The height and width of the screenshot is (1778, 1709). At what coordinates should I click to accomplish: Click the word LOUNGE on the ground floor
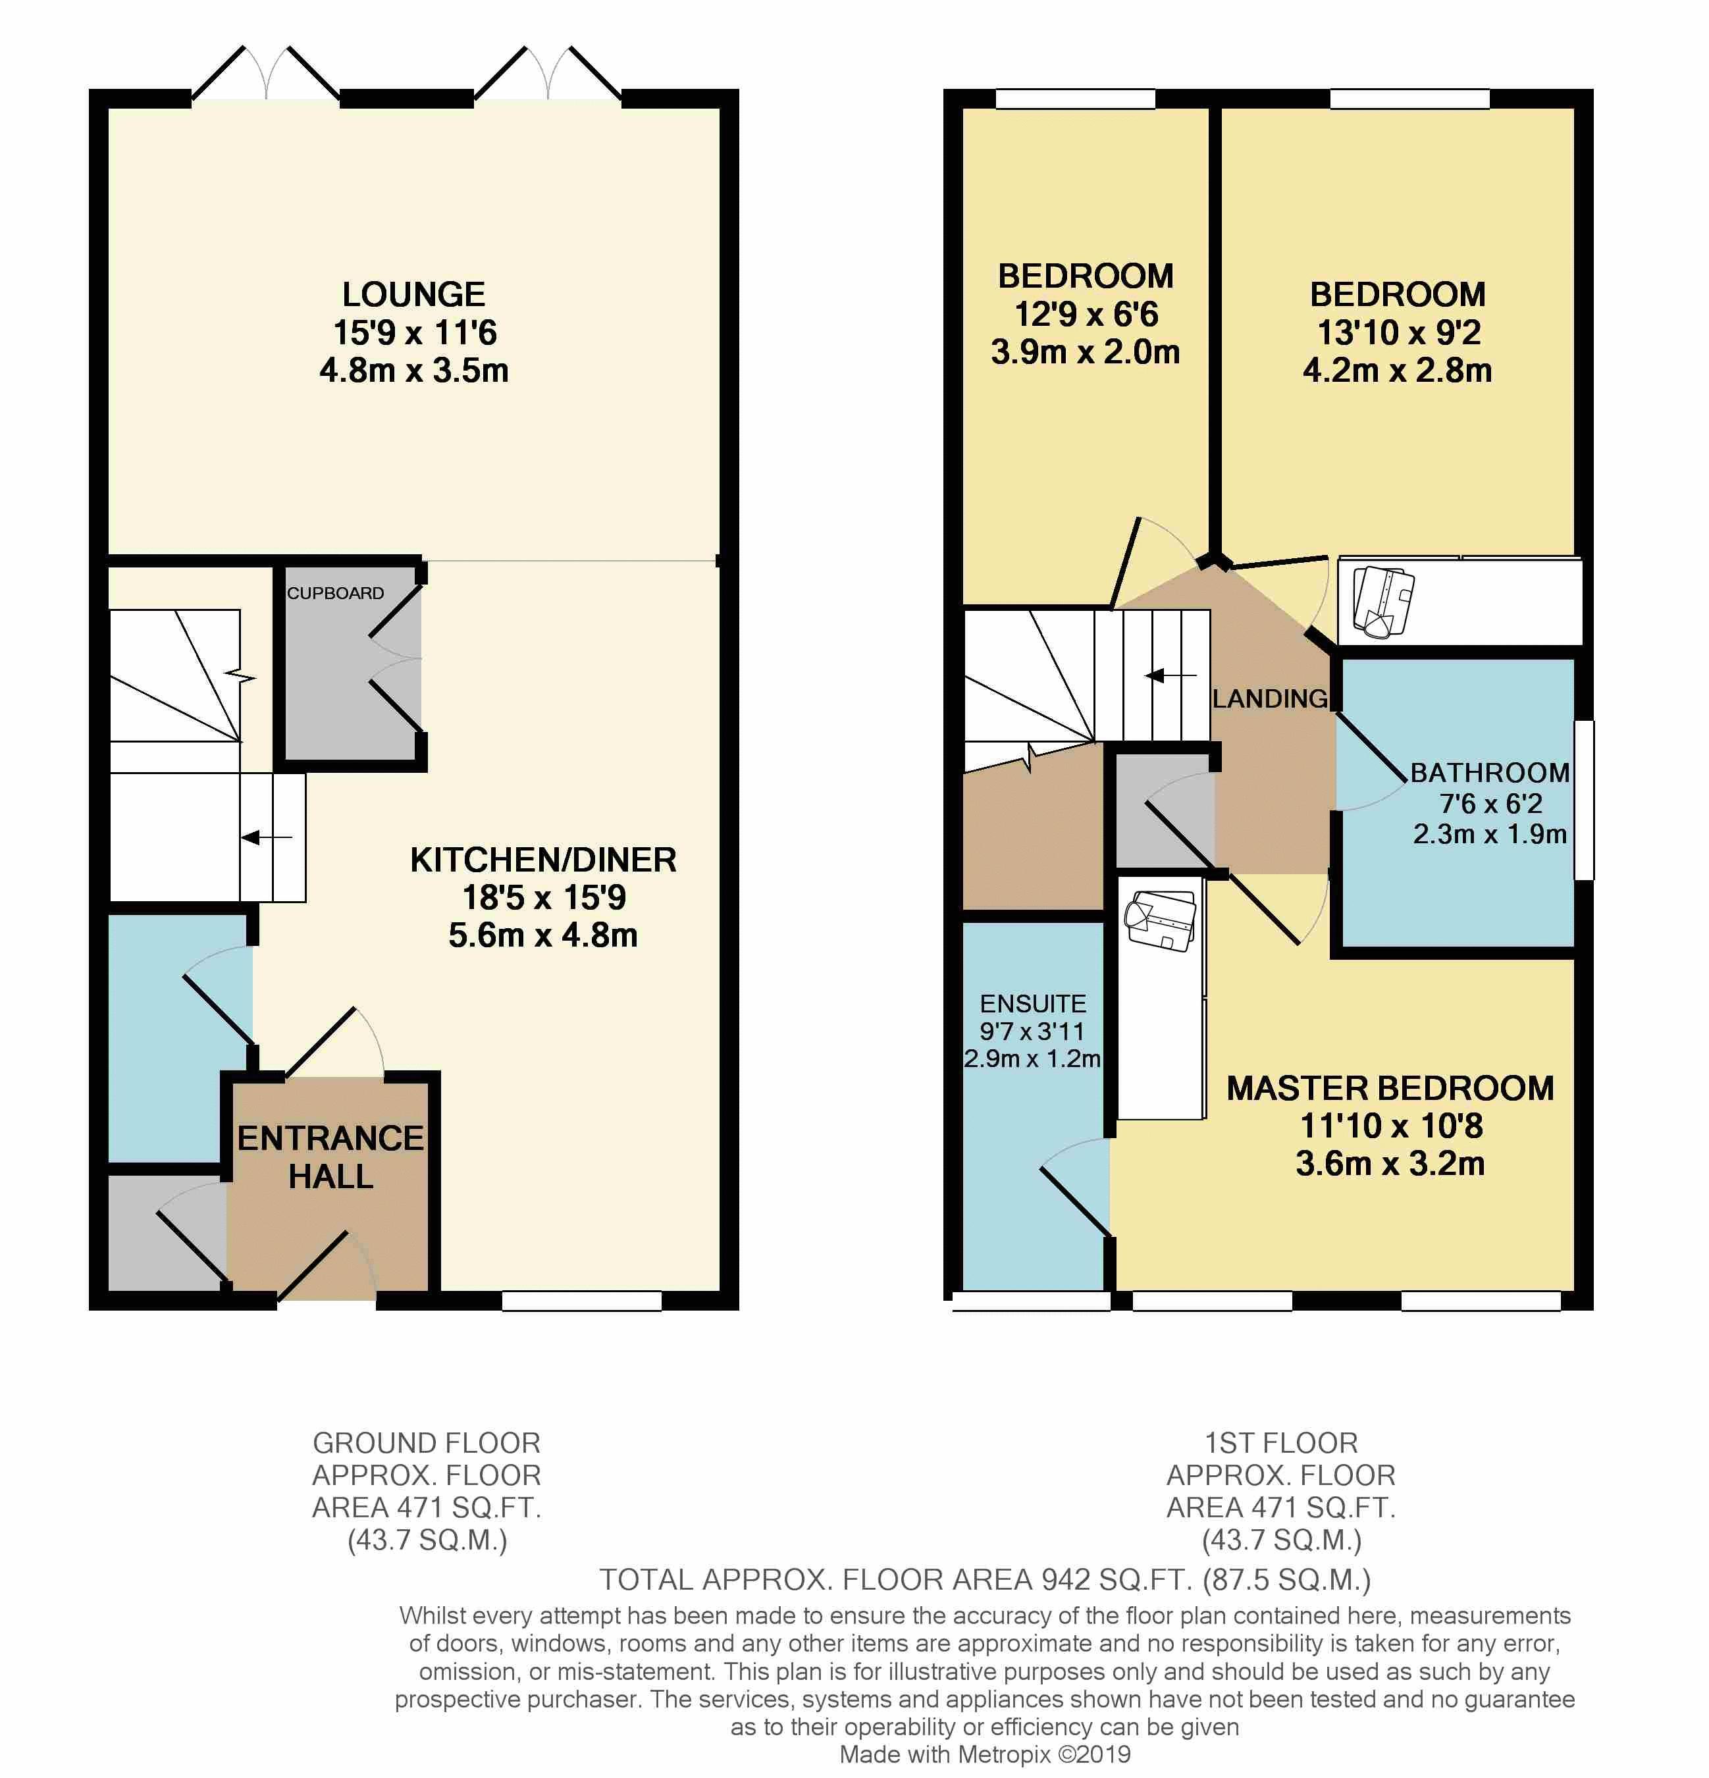(x=413, y=295)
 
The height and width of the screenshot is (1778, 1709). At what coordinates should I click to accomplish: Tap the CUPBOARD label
(x=336, y=593)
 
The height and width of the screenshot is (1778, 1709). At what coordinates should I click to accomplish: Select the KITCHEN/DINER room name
(x=543, y=860)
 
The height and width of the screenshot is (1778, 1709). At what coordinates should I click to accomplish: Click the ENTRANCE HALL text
(x=331, y=1157)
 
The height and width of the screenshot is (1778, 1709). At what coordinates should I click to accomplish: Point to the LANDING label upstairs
(x=1270, y=698)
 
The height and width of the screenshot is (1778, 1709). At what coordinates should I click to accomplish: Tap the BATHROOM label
(x=1490, y=773)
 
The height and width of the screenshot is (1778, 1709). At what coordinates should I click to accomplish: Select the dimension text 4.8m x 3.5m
(x=413, y=370)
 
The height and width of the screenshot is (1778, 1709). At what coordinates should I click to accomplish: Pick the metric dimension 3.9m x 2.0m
(x=1086, y=352)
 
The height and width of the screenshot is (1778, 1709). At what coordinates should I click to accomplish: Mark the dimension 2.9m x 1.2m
(x=1032, y=1059)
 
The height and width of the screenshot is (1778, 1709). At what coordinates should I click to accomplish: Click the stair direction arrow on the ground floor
(x=267, y=837)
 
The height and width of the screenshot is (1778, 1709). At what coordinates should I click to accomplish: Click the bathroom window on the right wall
(x=1584, y=800)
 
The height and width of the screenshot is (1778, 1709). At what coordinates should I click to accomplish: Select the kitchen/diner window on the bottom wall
(x=581, y=1301)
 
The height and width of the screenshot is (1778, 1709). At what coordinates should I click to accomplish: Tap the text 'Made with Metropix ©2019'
(x=985, y=1754)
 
